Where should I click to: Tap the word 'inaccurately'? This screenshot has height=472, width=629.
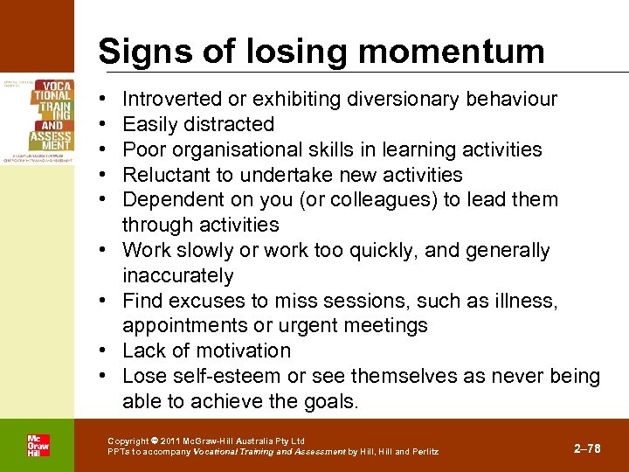(178, 275)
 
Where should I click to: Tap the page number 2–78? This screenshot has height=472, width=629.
(588, 448)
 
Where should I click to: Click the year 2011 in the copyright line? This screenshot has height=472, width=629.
(169, 441)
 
